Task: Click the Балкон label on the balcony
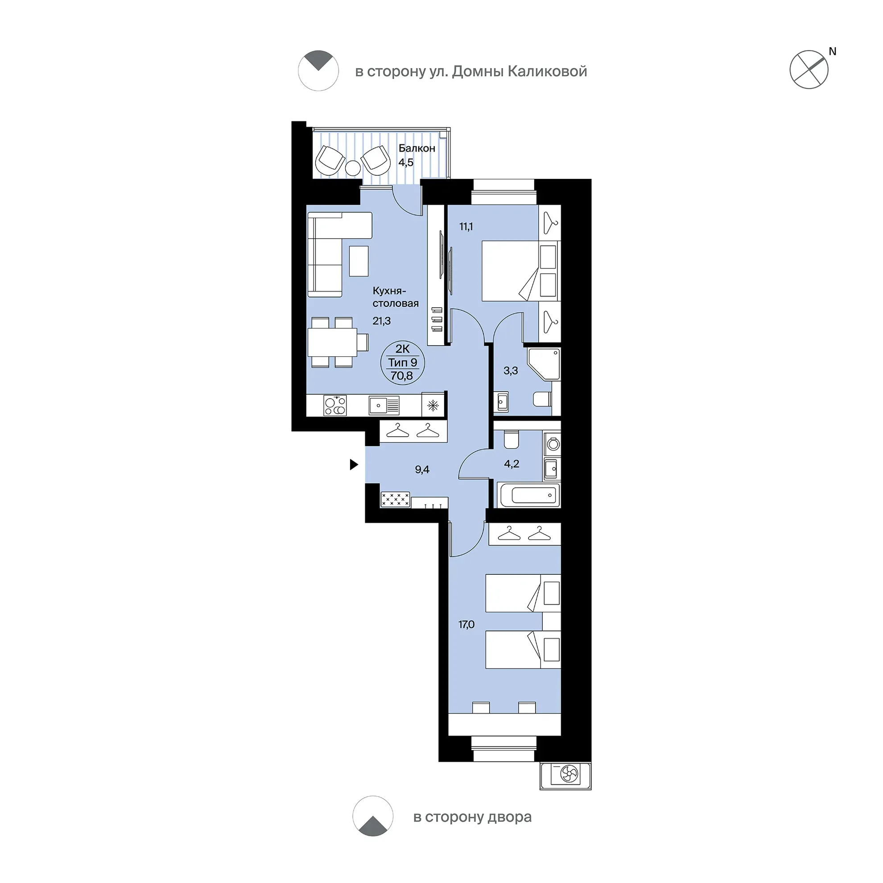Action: (x=417, y=148)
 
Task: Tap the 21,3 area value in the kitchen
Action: (x=382, y=321)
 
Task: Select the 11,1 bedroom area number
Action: (x=466, y=226)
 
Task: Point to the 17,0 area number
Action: (x=466, y=624)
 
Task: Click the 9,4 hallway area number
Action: (x=422, y=470)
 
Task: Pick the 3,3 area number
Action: (x=511, y=371)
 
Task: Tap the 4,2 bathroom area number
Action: (x=512, y=464)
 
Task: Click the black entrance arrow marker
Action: (x=354, y=464)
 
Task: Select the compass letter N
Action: (x=832, y=52)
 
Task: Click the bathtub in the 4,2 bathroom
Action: (x=530, y=495)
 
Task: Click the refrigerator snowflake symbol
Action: (x=433, y=405)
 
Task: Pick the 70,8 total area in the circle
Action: (x=402, y=375)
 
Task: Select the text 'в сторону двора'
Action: (x=472, y=817)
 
